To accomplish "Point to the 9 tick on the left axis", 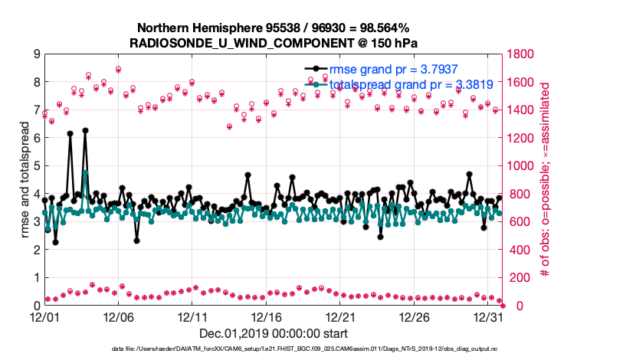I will tap(36, 54).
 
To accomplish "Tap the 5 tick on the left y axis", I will tap(36, 166).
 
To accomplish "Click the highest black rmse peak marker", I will tap(85, 130).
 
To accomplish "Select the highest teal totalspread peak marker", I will tap(85, 173).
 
